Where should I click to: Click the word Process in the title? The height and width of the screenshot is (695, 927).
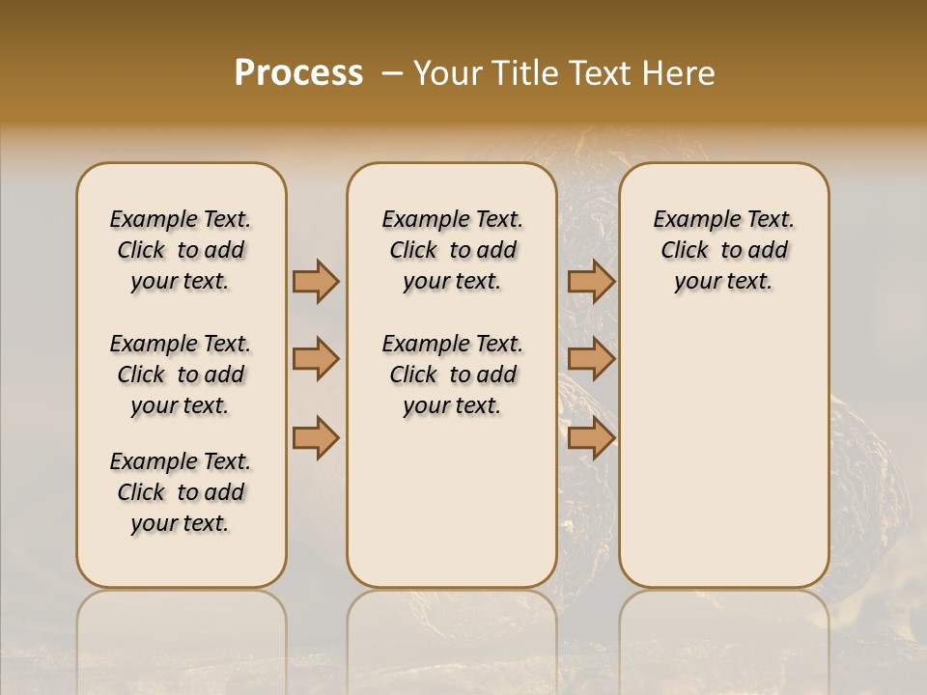[x=298, y=73]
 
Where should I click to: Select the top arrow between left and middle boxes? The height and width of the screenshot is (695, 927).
[x=316, y=281]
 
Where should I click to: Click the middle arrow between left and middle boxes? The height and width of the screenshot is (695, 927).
[x=316, y=359]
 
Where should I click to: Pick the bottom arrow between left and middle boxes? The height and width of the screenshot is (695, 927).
[x=316, y=437]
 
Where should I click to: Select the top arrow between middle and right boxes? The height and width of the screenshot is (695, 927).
[x=591, y=281]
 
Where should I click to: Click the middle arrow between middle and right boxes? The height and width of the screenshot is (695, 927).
[x=591, y=359]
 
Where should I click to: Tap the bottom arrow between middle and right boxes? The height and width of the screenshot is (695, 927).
[x=591, y=437]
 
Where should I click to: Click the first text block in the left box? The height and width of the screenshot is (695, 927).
[x=181, y=250]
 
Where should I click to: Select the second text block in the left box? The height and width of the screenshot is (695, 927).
[x=181, y=375]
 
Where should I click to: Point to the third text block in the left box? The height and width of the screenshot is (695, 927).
[x=181, y=492]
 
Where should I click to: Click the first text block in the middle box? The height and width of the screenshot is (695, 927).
[x=453, y=250]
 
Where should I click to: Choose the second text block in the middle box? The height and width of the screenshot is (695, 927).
[x=453, y=375]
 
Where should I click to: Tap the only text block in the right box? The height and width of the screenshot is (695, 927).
[x=723, y=250]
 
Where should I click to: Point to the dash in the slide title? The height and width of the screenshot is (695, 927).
[x=392, y=73]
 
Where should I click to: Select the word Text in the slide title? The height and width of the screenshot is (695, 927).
[x=599, y=73]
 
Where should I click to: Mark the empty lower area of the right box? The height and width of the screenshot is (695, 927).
[x=723, y=463]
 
